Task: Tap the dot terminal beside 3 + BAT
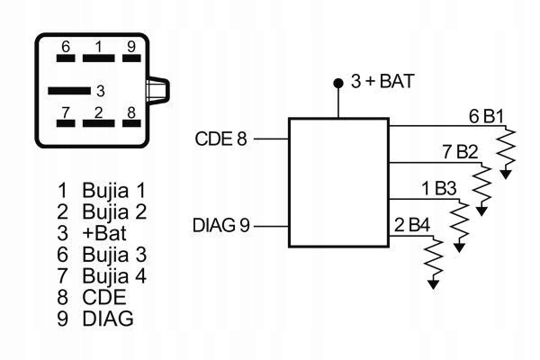[x=338, y=83]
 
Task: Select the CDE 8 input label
[x=220, y=139]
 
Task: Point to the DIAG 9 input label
[x=220, y=224]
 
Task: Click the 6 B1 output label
[x=486, y=116]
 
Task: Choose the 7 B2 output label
[x=460, y=150]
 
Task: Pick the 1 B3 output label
[x=439, y=188]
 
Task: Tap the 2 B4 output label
[x=412, y=223]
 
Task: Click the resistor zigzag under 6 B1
[x=508, y=146]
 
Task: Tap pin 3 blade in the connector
[x=69, y=90]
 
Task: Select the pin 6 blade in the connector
[x=66, y=58]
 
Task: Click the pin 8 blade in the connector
[x=131, y=124]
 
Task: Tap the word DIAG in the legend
[x=107, y=317]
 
